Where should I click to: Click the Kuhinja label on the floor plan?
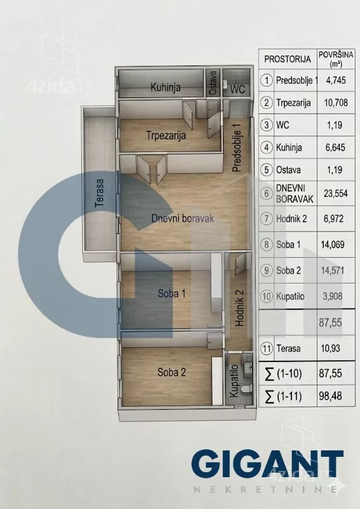click(165, 88)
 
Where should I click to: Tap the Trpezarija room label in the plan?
click(166, 135)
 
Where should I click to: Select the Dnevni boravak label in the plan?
click(183, 218)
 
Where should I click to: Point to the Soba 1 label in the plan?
click(171, 293)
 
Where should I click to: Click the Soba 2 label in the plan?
click(171, 372)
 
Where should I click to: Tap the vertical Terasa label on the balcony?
click(99, 193)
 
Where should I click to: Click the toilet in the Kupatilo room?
click(247, 388)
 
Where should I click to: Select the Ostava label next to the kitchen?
click(213, 83)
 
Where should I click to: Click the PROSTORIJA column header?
click(287, 59)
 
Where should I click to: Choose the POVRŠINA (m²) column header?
click(336, 59)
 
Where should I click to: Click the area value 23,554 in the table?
click(336, 193)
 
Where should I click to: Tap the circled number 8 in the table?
click(267, 244)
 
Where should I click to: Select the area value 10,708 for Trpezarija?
click(336, 103)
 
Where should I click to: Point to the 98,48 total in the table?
click(331, 396)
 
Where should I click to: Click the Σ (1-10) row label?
click(284, 373)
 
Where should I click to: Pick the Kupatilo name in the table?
click(290, 296)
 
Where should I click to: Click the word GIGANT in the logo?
click(267, 463)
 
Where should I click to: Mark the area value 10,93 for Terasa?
click(331, 349)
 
